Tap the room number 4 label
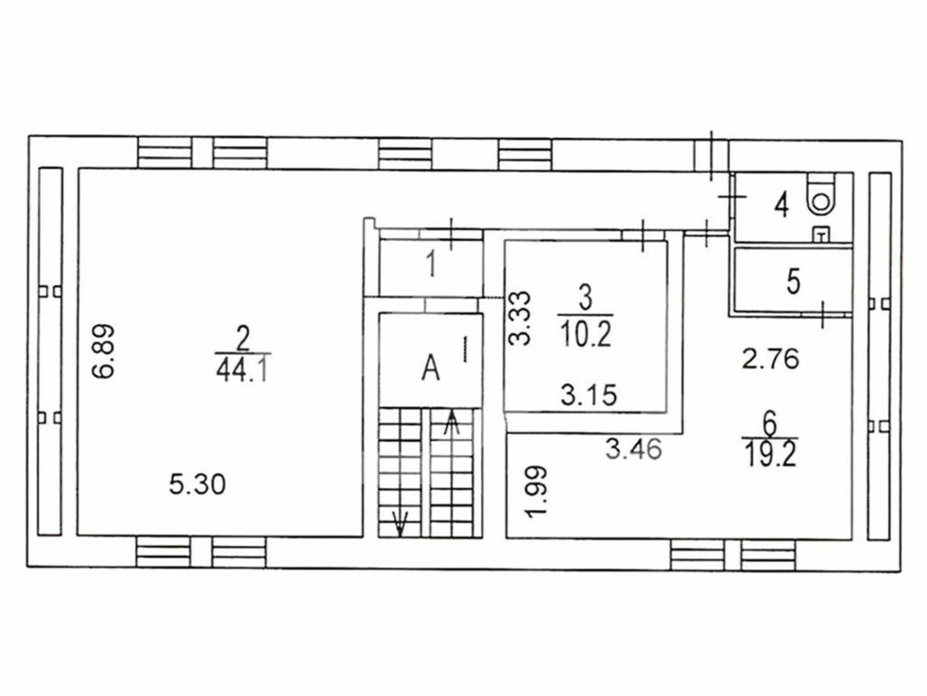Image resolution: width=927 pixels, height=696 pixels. tap(782, 204)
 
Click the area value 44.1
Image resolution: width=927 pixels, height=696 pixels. tap(243, 372)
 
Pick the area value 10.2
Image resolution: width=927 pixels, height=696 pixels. tap(586, 334)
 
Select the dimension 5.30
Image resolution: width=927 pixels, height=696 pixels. tap(197, 484)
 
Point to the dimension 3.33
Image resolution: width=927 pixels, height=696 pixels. tap(520, 318)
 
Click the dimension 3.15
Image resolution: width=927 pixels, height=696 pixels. tap(589, 395)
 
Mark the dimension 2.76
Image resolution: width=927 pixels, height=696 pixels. tap(771, 360)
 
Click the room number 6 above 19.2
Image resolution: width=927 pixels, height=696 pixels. tap(770, 424)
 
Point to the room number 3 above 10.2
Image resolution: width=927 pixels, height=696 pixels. tap(585, 300)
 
